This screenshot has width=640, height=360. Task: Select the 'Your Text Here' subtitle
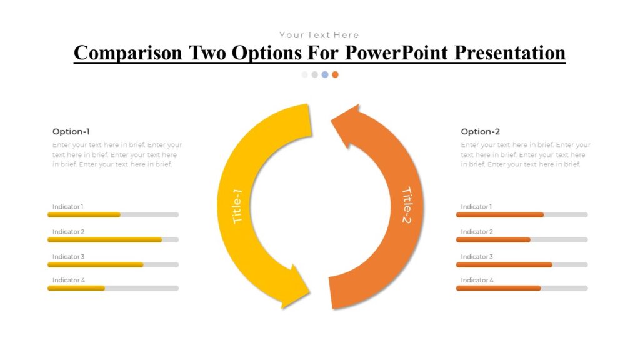pos(319,35)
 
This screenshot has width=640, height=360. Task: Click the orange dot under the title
pos(335,74)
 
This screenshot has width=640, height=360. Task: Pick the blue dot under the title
pos(325,74)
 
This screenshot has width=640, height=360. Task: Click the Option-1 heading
pos(71,131)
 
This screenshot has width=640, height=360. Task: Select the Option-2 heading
pos(480,131)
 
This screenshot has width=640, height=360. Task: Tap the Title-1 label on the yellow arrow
pos(237,206)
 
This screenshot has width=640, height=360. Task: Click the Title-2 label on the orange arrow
pos(407,206)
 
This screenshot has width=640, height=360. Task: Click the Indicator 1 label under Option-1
pos(67,207)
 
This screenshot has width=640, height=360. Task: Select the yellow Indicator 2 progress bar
pos(105,239)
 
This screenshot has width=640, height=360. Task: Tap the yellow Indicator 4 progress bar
pos(76,288)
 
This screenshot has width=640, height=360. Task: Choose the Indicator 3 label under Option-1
pos(68,257)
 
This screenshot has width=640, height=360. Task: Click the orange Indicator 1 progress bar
pos(500,214)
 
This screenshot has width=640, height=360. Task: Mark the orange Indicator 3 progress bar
pos(504,264)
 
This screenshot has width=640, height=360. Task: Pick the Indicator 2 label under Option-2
pos(477,232)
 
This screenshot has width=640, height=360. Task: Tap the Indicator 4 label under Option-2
pos(477,281)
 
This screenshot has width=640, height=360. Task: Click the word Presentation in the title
pos(509,53)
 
